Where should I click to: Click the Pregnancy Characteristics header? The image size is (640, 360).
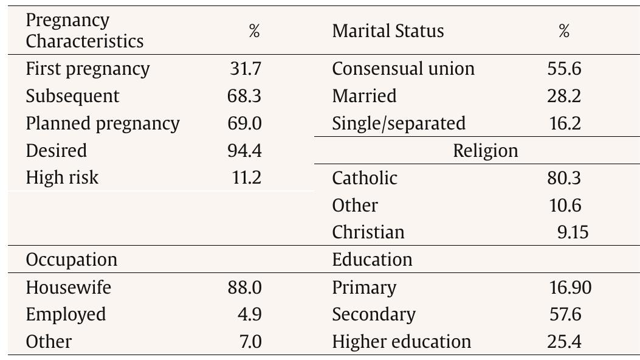(x=84, y=31)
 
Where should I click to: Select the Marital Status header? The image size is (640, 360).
(x=388, y=31)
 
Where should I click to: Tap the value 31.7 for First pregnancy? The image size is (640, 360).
(x=244, y=69)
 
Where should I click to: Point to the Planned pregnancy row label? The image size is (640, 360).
(x=103, y=123)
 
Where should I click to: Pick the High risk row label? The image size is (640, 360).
(x=62, y=178)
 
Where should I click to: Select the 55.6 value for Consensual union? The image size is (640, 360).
(x=564, y=69)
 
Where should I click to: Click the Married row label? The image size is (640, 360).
(x=364, y=96)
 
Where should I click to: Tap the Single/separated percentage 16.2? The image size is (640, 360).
(x=564, y=123)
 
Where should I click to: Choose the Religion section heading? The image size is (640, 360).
(x=486, y=151)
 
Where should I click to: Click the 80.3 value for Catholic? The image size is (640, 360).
(x=564, y=178)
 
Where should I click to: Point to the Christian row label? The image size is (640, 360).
(x=368, y=232)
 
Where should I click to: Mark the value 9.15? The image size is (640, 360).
(x=573, y=232)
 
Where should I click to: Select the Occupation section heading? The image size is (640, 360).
(x=71, y=260)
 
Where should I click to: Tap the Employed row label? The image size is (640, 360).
(x=66, y=314)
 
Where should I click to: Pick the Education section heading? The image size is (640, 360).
(x=372, y=260)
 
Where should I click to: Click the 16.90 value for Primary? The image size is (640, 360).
(x=569, y=287)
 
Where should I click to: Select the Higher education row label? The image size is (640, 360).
(x=401, y=342)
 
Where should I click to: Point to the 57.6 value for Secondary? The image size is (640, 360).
(x=564, y=314)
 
